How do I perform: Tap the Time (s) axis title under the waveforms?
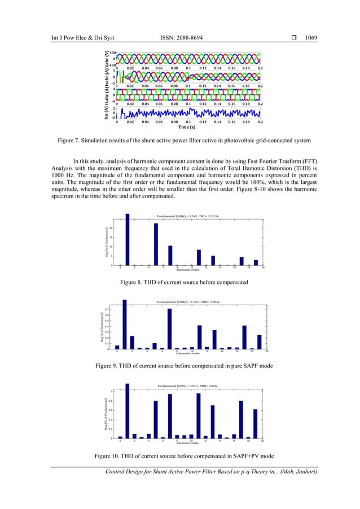pos(188,128)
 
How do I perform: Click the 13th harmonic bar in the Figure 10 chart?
pos(213,422)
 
